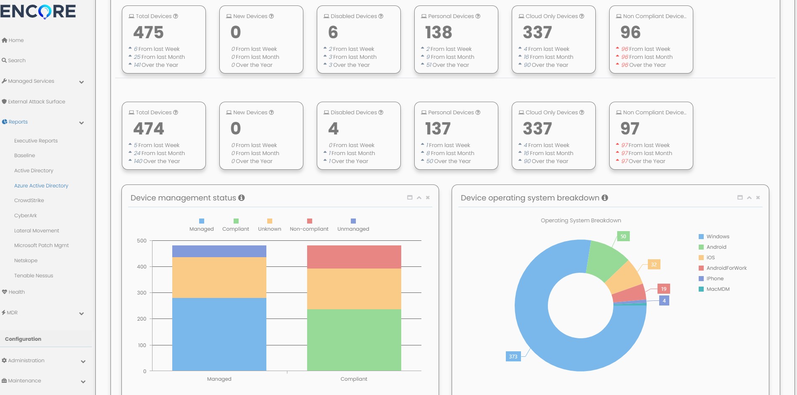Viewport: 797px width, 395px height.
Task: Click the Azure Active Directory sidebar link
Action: (x=41, y=186)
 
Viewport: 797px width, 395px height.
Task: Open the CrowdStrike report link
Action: (x=29, y=200)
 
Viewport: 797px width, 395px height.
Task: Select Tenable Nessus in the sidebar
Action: (x=34, y=276)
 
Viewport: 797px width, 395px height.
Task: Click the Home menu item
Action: (x=16, y=40)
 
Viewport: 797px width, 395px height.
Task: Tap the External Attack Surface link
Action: (x=36, y=102)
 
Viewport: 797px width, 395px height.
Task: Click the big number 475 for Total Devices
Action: (x=148, y=32)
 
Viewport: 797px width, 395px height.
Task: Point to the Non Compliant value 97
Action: (x=630, y=129)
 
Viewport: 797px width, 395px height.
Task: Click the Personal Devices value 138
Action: (x=439, y=32)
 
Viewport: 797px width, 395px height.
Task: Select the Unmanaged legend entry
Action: (x=353, y=229)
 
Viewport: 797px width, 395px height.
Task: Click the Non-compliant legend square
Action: (x=310, y=221)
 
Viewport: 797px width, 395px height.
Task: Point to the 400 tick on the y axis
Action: (x=142, y=267)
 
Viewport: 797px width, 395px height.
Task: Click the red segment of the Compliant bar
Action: (x=354, y=257)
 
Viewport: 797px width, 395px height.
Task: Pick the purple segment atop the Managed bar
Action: (x=219, y=251)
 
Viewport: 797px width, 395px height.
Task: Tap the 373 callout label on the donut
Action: (x=513, y=357)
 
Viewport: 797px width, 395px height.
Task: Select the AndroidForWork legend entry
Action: (x=726, y=268)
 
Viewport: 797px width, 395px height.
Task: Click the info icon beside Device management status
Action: (x=242, y=198)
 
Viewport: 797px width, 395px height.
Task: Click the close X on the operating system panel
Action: (x=758, y=197)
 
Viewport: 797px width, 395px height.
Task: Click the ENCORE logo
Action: (x=38, y=11)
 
